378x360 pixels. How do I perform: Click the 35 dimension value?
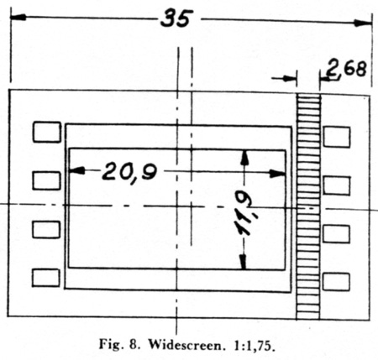click(176, 18)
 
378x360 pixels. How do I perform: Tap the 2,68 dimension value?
click(346, 69)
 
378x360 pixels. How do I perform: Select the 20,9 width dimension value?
click(129, 171)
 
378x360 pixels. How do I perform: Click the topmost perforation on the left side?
click(46, 132)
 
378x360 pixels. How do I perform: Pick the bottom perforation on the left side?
click(45, 278)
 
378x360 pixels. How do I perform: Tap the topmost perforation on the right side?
click(337, 137)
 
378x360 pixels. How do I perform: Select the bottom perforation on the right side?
click(336, 282)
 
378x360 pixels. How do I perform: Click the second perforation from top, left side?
click(46, 181)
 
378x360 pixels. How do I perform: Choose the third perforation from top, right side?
click(336, 234)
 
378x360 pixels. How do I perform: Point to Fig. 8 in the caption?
click(119, 345)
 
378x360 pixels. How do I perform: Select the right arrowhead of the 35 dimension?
click(363, 23)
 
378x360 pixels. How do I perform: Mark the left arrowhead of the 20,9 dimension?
click(76, 170)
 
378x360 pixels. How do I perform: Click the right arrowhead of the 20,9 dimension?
click(277, 174)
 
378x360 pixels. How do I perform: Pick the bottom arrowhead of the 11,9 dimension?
click(244, 262)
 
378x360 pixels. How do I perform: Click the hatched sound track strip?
click(308, 206)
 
